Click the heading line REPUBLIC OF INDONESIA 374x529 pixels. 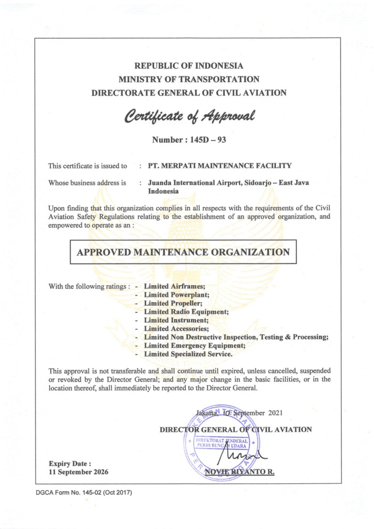tap(189, 66)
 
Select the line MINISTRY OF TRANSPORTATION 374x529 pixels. tap(189, 80)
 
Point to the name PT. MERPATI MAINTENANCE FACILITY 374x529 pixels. tap(220, 166)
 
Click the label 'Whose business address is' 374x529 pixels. tap(87, 182)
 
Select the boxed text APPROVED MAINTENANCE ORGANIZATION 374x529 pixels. tap(183, 252)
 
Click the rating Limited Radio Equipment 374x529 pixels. tap(186, 312)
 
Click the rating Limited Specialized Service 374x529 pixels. tap(188, 354)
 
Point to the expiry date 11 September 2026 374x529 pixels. tap(79, 472)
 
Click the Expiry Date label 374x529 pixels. tap(70, 463)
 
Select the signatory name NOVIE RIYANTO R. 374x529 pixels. tap(240, 472)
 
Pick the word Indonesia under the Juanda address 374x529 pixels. tap(163, 191)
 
